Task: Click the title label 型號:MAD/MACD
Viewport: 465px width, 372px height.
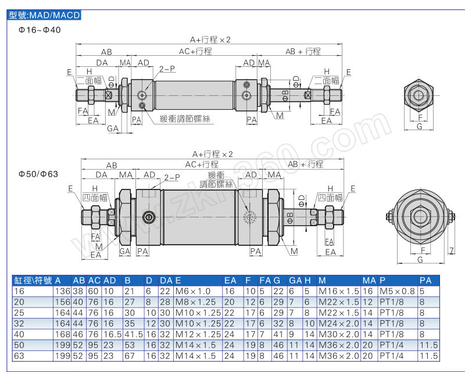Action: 44,15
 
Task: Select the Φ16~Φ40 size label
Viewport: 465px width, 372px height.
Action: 40,30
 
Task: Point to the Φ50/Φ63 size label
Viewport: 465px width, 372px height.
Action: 38,174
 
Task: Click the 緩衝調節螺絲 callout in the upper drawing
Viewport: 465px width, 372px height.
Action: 185,119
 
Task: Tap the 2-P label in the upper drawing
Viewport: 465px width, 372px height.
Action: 167,69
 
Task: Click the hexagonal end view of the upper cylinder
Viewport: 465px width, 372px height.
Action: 419,95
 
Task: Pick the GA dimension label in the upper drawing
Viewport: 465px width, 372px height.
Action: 113,128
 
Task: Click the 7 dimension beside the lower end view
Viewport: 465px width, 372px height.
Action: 452,251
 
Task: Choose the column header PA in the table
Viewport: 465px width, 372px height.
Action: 425,280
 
